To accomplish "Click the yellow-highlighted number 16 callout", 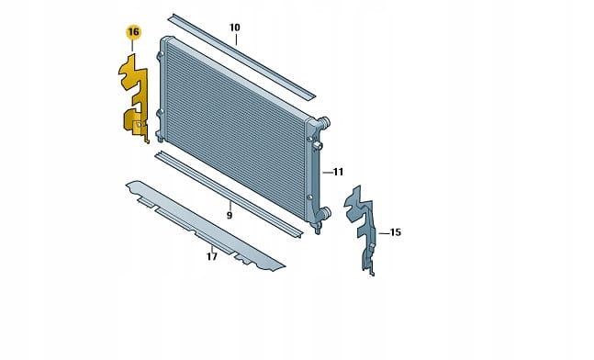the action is pos(133,32).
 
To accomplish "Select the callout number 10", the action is pos(235,28).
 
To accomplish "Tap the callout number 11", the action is pos(338,172).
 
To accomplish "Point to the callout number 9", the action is pos(230,215).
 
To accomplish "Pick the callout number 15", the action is pos(395,232).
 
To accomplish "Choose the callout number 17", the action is pos(212,256).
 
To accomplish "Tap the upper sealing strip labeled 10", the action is pos(241,56).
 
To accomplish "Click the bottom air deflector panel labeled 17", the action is pos(205,226).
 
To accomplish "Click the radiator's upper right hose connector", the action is pos(323,122).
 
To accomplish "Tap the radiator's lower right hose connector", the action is pos(325,213).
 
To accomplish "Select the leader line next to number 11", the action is pos(328,173).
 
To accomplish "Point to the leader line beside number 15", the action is pos(384,233).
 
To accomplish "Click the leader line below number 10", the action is pos(236,39).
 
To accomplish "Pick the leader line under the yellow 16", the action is pos(132,46).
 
